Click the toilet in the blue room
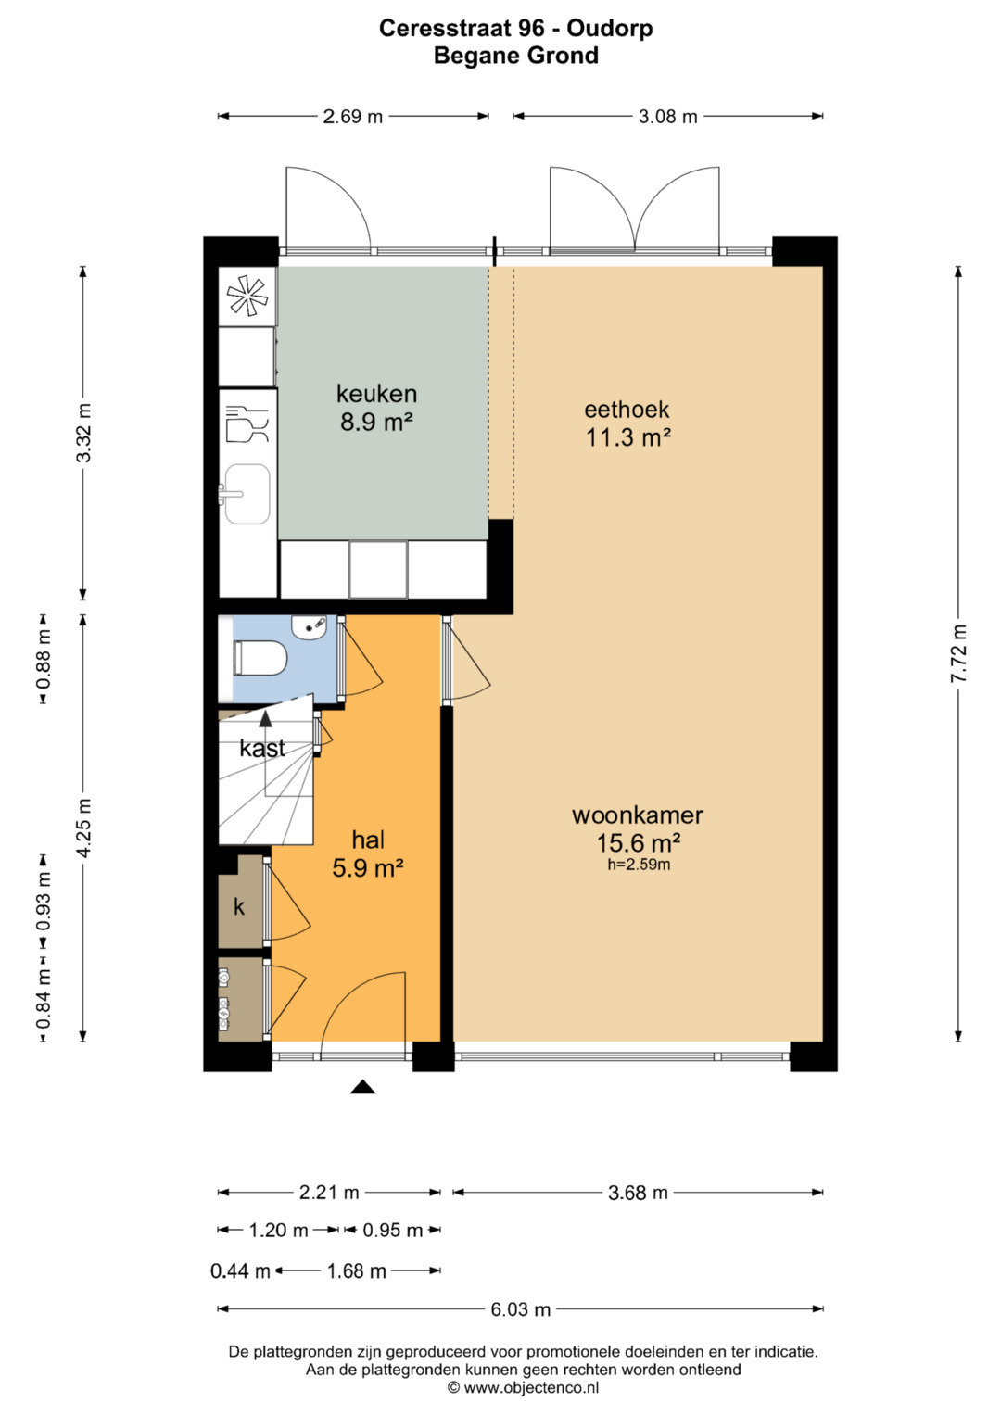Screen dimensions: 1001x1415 (x=260, y=658)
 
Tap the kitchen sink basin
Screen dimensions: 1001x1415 (x=247, y=494)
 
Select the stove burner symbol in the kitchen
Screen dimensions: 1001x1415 (x=247, y=297)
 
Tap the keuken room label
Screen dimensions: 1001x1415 (x=376, y=394)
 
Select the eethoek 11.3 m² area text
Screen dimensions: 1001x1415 (x=627, y=423)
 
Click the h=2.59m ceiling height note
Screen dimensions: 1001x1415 (x=639, y=865)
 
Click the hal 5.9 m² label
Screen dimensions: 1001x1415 (x=368, y=854)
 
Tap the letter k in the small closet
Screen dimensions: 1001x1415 (x=239, y=907)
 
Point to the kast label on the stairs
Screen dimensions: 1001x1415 (x=262, y=749)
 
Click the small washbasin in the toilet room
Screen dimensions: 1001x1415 (x=310, y=626)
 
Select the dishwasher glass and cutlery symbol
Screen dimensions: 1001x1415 (x=247, y=423)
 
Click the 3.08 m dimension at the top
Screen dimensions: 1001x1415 (x=667, y=116)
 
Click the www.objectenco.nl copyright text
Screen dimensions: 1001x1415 (x=524, y=1388)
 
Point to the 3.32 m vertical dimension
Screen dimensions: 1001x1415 (x=83, y=433)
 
